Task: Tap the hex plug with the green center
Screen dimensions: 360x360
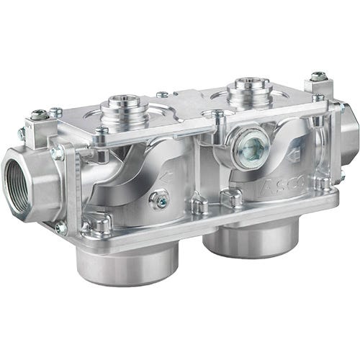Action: point(248,147)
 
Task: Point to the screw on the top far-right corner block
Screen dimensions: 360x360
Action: point(318,76)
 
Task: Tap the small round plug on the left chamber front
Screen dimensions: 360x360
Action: point(158,198)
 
